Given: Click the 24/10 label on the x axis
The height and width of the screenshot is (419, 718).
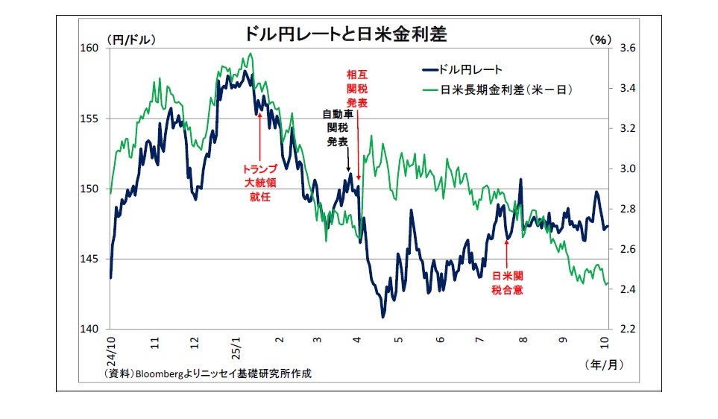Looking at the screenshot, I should tap(111, 347).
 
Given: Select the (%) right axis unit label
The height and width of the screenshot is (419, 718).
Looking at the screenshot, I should tap(598, 40).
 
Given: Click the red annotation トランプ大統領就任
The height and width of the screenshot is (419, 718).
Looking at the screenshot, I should tap(259, 183).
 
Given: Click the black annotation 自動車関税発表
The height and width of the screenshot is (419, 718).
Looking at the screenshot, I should tap(337, 127).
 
